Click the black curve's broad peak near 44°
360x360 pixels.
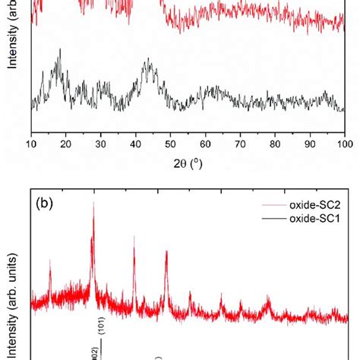[147, 64]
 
